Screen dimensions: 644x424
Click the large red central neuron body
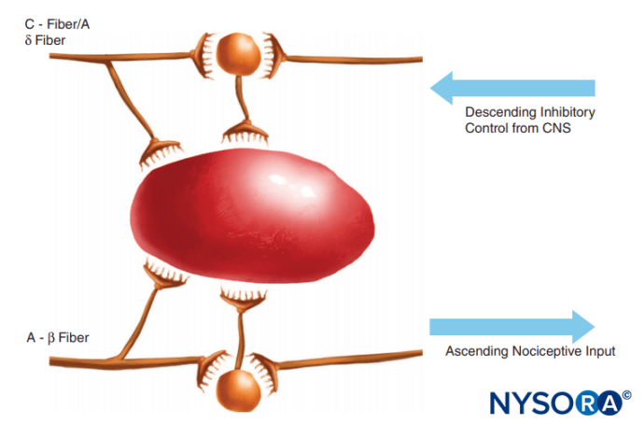tap(252, 217)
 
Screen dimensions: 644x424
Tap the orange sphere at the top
tap(238, 54)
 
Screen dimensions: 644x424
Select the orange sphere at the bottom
tap(238, 389)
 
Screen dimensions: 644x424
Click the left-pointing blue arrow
tap(512, 88)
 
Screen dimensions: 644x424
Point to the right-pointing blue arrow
tap(512, 327)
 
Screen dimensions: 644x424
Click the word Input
tap(600, 352)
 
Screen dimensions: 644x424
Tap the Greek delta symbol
tap(28, 40)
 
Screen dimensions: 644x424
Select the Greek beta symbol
tap(51, 338)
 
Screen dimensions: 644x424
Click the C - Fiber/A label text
tap(57, 24)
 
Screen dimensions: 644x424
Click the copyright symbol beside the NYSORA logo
tap(627, 395)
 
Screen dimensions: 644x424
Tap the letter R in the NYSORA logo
tap(586, 403)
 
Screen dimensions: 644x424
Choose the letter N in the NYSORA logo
tap(500, 403)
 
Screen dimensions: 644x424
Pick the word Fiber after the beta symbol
tap(74, 338)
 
